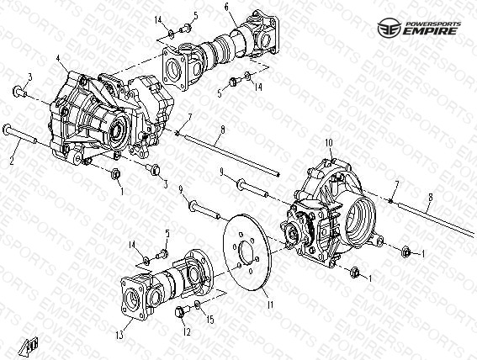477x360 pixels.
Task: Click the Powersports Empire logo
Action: click(419, 28)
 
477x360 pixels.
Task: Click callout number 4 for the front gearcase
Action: click(58, 59)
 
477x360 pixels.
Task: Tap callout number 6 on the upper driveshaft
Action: click(227, 8)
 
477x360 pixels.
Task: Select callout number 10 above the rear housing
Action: click(329, 143)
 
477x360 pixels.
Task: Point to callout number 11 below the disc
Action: click(270, 304)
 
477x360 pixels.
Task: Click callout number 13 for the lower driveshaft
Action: click(119, 336)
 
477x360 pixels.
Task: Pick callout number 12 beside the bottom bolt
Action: click(187, 332)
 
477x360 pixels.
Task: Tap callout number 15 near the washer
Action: click(210, 320)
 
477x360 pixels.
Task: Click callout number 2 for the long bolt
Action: click(12, 161)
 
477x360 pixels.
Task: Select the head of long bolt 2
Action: click(7, 130)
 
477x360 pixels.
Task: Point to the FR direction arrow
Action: click(29, 347)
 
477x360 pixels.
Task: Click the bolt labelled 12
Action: click(182, 311)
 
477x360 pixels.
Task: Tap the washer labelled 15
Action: click(197, 304)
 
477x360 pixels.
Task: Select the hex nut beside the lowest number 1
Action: click(354, 273)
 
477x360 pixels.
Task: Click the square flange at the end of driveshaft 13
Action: click(133, 298)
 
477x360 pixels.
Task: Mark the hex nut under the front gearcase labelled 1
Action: click(116, 174)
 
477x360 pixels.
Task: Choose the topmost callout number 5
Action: click(195, 15)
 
